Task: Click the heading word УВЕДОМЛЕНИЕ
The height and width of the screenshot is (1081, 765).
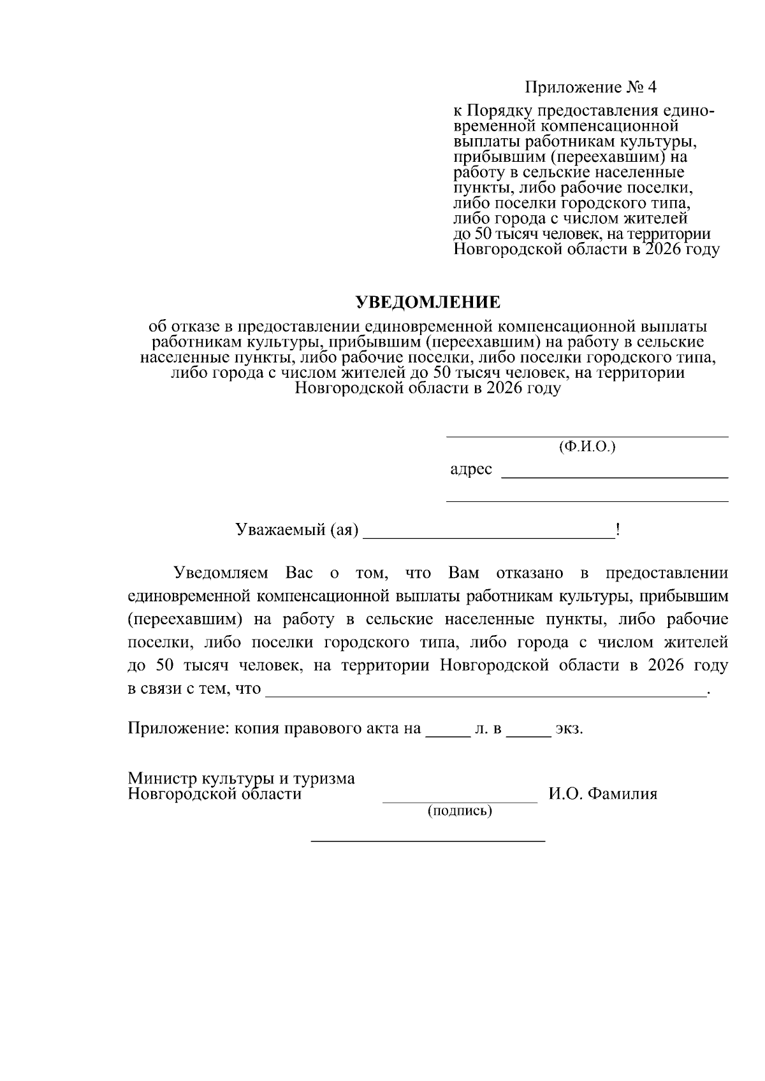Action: (x=428, y=301)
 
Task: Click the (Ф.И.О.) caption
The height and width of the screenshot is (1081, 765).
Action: (x=587, y=447)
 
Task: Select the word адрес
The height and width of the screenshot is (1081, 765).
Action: (x=471, y=470)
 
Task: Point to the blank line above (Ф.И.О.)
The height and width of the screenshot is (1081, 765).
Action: (x=587, y=437)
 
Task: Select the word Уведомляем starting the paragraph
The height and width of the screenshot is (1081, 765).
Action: (x=221, y=573)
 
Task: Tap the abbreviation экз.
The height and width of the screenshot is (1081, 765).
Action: (x=569, y=729)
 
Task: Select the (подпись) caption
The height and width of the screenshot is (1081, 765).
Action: (x=460, y=811)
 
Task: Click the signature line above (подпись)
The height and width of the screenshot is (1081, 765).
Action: (x=460, y=802)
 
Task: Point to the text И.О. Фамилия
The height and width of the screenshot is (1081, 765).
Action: (x=602, y=794)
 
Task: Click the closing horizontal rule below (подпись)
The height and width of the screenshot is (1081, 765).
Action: (x=428, y=842)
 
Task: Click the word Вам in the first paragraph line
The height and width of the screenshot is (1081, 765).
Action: (x=463, y=573)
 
